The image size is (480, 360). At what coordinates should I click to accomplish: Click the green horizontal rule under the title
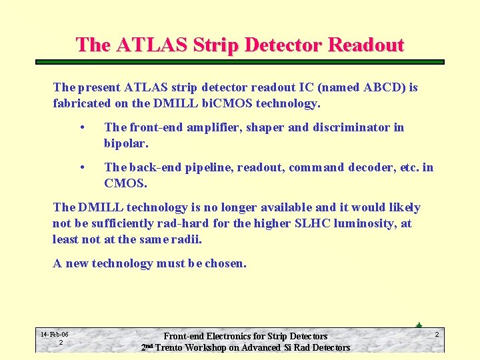click(239, 62)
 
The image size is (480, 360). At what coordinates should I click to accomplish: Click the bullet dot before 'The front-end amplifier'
click(81, 127)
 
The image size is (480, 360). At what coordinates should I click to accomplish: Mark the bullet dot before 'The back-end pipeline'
click(81, 167)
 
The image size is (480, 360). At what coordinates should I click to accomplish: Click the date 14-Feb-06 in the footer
click(55, 334)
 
